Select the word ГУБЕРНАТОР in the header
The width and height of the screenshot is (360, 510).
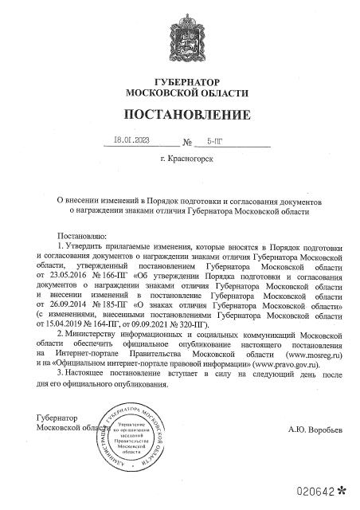click(179, 84)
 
